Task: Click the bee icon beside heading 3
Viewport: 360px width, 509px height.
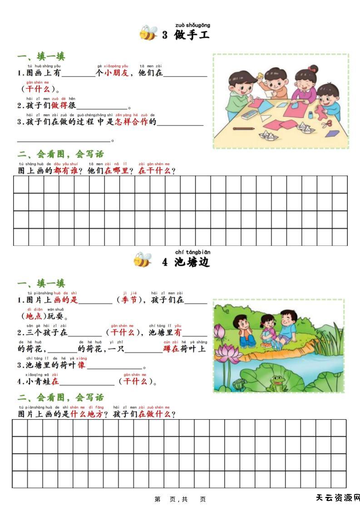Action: coord(148,34)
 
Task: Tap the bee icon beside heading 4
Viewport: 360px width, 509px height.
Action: coord(143,260)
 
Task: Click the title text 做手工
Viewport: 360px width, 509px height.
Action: coord(192,35)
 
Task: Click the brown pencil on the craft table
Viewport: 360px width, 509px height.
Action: coord(244,128)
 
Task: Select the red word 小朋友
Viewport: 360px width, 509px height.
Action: coord(116,73)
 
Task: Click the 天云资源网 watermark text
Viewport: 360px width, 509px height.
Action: coord(338,498)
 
